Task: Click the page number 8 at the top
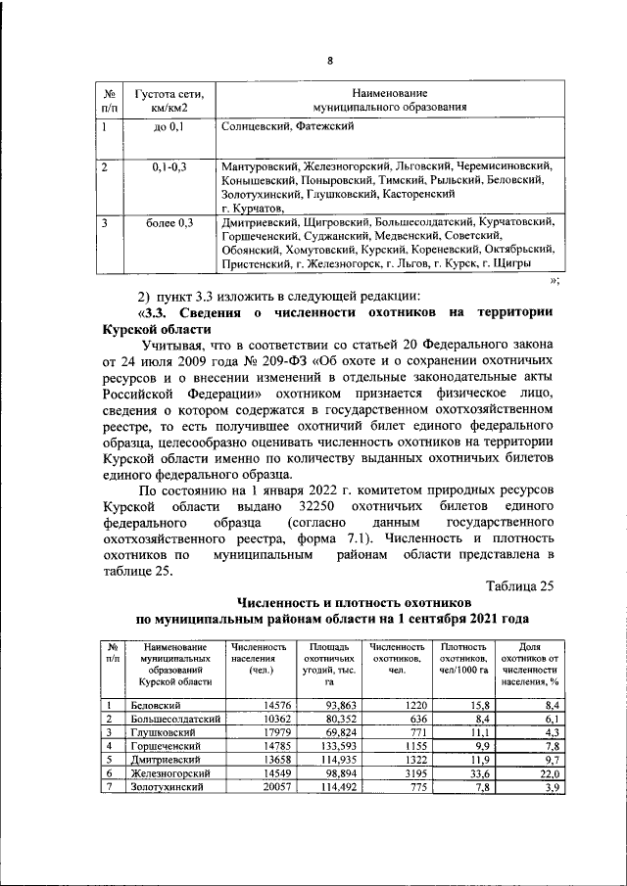click(330, 61)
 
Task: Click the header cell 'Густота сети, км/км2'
click(169, 100)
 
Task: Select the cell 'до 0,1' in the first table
click(169, 126)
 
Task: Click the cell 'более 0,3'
click(169, 223)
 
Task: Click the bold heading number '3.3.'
click(157, 312)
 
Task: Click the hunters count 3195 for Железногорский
click(410, 773)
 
